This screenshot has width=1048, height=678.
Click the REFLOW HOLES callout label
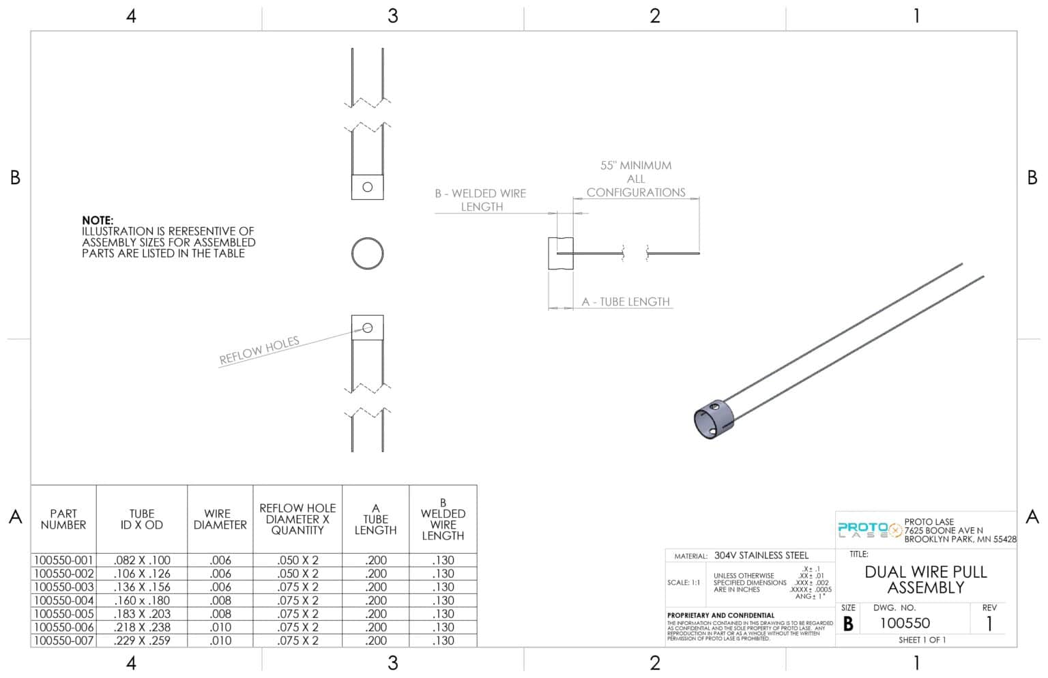(x=259, y=351)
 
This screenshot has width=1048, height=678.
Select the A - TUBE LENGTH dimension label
(x=625, y=301)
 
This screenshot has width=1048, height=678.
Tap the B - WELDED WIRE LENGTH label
(x=481, y=200)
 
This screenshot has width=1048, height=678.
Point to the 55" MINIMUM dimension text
(x=635, y=166)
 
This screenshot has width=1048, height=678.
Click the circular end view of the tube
(x=367, y=254)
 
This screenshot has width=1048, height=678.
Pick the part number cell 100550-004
(x=63, y=600)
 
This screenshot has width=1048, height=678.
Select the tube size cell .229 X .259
(x=142, y=640)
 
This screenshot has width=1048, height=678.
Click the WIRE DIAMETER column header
(x=220, y=519)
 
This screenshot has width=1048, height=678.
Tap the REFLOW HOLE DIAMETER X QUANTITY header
(x=297, y=519)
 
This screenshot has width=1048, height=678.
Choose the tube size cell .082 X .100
(x=142, y=560)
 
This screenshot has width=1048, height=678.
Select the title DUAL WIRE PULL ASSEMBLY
(x=925, y=580)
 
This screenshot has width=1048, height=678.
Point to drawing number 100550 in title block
(x=904, y=623)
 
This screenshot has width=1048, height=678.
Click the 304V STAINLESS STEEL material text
(x=761, y=555)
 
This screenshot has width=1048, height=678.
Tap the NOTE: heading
(x=98, y=220)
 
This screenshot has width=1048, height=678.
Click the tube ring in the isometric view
(x=713, y=419)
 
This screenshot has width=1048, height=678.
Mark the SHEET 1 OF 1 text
(x=922, y=640)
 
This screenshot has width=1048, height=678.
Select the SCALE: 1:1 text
(x=684, y=583)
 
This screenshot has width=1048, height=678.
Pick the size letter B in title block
(x=848, y=623)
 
